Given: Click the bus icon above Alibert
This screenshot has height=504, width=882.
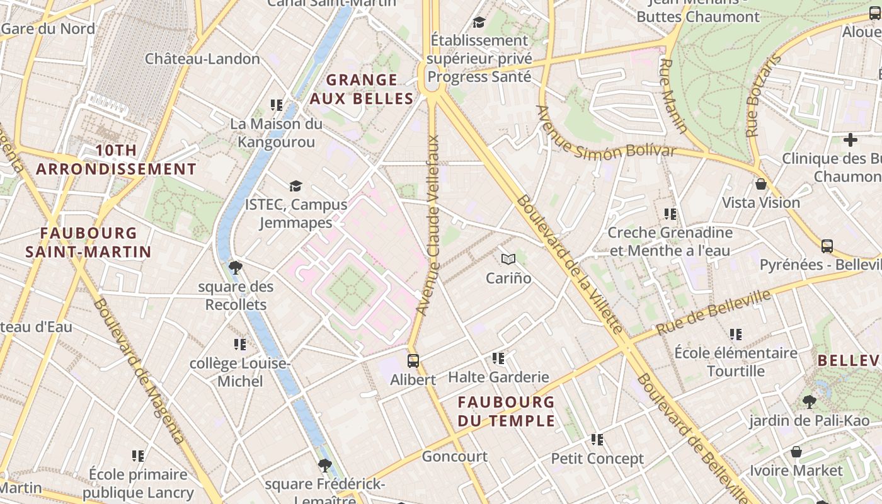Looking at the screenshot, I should point(413,361).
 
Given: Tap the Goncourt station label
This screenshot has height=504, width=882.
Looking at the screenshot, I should point(454,456).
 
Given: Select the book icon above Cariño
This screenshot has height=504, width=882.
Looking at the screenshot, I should point(508,259).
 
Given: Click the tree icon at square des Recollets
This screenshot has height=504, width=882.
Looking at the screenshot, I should point(236,268).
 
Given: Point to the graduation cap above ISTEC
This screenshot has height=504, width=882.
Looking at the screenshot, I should point(295,186).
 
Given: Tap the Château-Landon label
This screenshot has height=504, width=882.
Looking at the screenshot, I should point(202,59).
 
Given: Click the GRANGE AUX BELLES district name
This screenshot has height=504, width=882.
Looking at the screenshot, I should point(362,89).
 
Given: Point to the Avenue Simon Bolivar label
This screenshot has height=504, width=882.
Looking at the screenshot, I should point(605,136).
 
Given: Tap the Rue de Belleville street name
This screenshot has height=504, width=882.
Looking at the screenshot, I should point(713,312).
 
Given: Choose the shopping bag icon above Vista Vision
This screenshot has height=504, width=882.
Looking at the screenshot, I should point(761,184).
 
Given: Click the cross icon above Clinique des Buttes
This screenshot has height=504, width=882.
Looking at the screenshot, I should point(850,139).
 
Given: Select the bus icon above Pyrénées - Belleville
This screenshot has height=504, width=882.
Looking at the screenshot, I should point(827,246).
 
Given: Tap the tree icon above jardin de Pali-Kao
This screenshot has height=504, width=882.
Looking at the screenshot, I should point(810,401).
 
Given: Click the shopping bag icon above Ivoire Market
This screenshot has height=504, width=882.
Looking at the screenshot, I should point(796,452).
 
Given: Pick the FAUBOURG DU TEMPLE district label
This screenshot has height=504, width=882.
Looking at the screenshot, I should point(507,411).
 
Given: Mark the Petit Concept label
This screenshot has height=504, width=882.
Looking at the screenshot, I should point(597,459).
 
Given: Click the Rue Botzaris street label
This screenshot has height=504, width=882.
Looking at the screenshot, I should point(762,96).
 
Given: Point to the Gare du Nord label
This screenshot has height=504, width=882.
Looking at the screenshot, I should point(49,28).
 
